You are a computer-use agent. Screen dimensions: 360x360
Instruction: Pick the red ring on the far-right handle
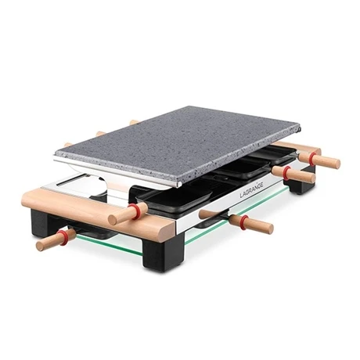tap(315, 159)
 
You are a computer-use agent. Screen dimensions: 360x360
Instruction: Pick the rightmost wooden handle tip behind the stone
tap(134, 121)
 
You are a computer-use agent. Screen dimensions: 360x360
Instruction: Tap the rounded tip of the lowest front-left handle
tap(42, 243)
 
